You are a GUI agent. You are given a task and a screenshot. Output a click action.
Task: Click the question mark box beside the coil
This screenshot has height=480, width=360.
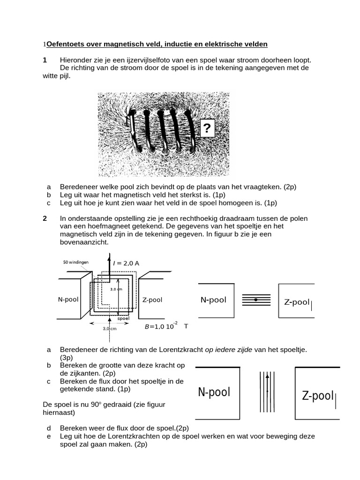click(x=207, y=127)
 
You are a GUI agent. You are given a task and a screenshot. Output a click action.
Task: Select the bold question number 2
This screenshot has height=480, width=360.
click(x=45, y=218)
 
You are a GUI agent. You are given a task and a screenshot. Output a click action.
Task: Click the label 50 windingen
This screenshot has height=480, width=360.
click(x=76, y=262)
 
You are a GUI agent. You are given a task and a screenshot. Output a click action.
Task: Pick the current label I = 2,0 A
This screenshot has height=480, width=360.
click(x=126, y=263)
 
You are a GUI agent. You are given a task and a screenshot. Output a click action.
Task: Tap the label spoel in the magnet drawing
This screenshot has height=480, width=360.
click(x=123, y=318)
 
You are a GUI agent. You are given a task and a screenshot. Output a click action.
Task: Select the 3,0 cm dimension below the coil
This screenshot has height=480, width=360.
click(x=110, y=329)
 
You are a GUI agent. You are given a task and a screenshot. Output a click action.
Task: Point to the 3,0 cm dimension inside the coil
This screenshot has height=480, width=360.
click(x=116, y=289)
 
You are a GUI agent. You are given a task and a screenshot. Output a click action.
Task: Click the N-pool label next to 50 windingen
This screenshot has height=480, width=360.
click(x=68, y=299)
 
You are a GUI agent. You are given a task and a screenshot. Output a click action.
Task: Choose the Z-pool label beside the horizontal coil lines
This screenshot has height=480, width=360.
click(x=297, y=302)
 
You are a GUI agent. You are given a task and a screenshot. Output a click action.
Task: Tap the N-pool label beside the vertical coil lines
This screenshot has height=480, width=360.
click(x=214, y=392)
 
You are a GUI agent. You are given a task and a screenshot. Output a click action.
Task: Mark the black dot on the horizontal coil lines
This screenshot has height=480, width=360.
click(x=255, y=299)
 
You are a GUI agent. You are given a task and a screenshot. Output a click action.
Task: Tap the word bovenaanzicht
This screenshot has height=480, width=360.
click(x=84, y=242)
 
